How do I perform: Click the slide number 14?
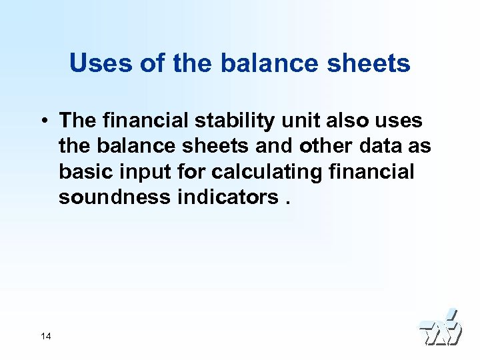click(x=45, y=336)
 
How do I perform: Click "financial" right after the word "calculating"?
click(x=372, y=171)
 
